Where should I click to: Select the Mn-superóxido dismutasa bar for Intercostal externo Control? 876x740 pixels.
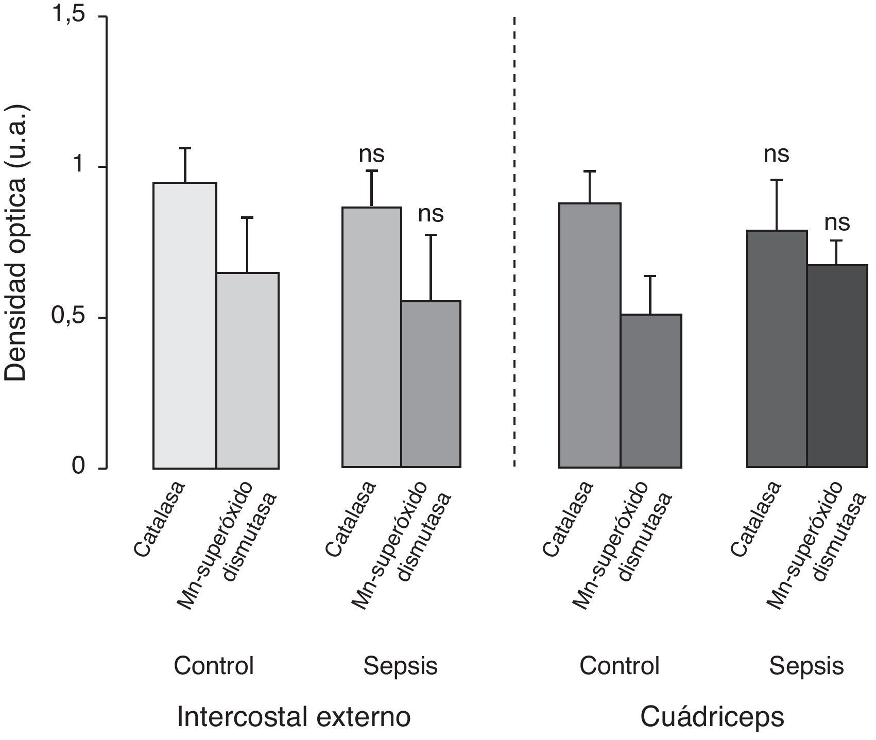pos(248,371)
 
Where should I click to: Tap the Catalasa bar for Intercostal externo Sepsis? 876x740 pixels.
pos(372,338)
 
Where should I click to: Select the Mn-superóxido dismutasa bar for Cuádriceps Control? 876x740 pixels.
pos(651,391)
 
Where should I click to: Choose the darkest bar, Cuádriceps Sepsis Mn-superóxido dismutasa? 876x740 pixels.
pos(837,366)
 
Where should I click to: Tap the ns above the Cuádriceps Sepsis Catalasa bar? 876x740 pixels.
pos(776,154)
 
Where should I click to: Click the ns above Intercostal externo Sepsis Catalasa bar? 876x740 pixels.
pos(372,154)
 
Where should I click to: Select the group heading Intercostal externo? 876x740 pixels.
pos(294,717)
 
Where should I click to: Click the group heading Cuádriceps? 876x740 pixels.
pos(712,717)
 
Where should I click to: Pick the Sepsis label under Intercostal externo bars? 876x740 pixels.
pos(400,666)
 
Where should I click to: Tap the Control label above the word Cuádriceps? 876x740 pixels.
pos(620,666)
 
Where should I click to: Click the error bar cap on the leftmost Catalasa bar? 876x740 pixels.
pos(185,148)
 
